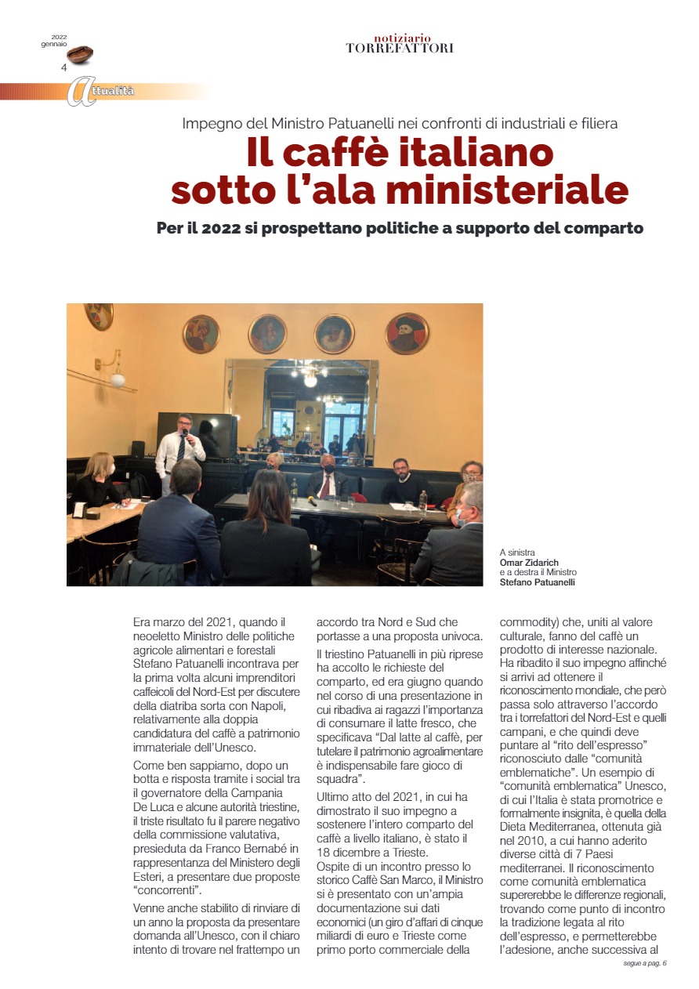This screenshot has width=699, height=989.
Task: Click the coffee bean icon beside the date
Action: [x=80, y=55]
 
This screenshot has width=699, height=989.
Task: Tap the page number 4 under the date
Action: [x=63, y=67]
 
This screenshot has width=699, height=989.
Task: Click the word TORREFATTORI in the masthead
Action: [x=400, y=49]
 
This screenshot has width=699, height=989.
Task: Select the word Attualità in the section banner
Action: [x=110, y=92]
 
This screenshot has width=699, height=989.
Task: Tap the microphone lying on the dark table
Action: [x=311, y=501]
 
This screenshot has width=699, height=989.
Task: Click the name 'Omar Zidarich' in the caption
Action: [x=530, y=562]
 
